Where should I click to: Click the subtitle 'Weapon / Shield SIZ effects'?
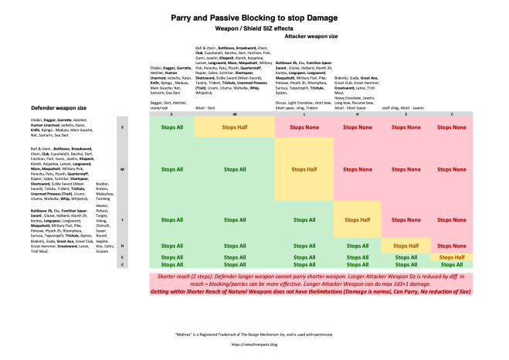pyautogui.click(x=254, y=25)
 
